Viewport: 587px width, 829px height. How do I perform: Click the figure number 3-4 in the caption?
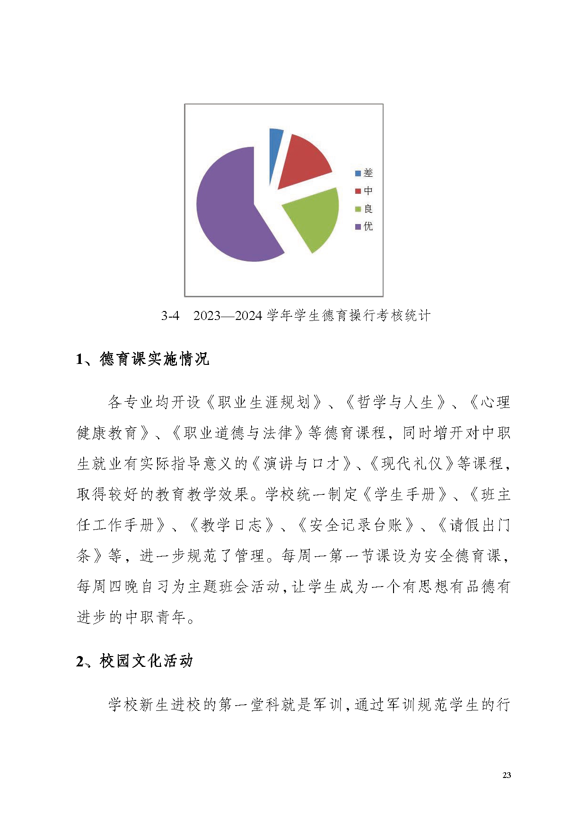click(x=170, y=316)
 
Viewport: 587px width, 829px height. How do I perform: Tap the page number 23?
click(x=507, y=775)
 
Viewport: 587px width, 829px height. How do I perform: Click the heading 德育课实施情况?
click(x=154, y=359)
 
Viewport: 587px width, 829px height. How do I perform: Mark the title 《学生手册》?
click(x=404, y=494)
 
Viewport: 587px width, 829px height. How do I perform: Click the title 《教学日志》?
click(x=232, y=525)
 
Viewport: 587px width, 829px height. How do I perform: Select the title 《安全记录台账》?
click(x=355, y=525)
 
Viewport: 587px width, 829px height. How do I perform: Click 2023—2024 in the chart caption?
click(x=228, y=316)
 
